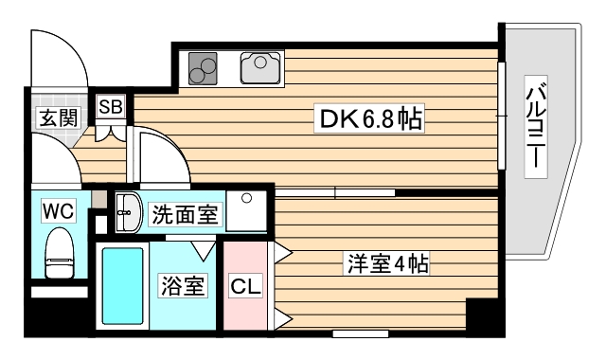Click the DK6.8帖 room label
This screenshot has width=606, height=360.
(x=368, y=119)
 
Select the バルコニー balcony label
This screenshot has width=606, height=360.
(x=536, y=126)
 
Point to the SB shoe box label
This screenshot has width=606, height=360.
(x=110, y=106)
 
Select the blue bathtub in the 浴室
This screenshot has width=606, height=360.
(x=121, y=286)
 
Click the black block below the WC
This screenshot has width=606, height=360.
(x=60, y=291)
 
